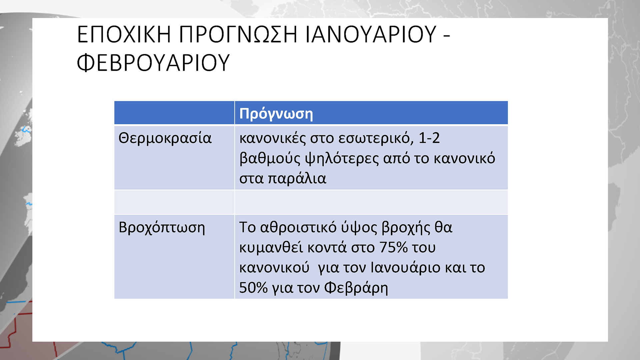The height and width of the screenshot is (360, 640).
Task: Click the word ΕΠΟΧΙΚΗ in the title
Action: (124, 34)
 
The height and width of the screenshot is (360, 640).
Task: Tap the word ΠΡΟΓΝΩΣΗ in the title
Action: (238, 34)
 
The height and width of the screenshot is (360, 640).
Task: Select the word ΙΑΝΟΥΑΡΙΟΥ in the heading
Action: (371, 34)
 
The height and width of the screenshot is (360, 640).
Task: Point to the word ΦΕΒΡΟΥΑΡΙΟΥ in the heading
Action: (153, 63)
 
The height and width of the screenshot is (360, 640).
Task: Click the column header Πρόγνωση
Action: (276, 114)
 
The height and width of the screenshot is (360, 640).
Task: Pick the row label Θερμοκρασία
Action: (165, 138)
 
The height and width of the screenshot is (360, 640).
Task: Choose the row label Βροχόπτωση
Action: (162, 228)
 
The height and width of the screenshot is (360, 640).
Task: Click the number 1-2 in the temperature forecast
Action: (429, 138)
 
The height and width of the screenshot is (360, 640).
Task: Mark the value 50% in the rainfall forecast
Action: (253, 288)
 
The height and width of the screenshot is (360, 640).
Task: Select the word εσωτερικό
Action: (376, 138)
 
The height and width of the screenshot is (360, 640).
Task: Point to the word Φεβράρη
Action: (356, 288)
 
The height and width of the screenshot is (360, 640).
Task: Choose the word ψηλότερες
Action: (342, 159)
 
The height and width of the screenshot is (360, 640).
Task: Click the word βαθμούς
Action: (270, 159)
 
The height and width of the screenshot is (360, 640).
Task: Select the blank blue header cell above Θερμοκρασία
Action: (174, 113)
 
